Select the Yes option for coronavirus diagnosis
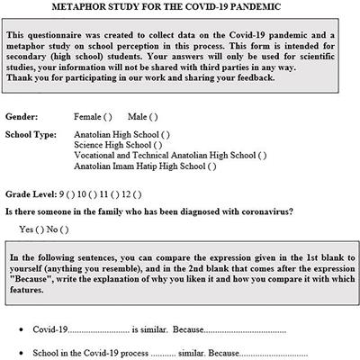41,229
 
